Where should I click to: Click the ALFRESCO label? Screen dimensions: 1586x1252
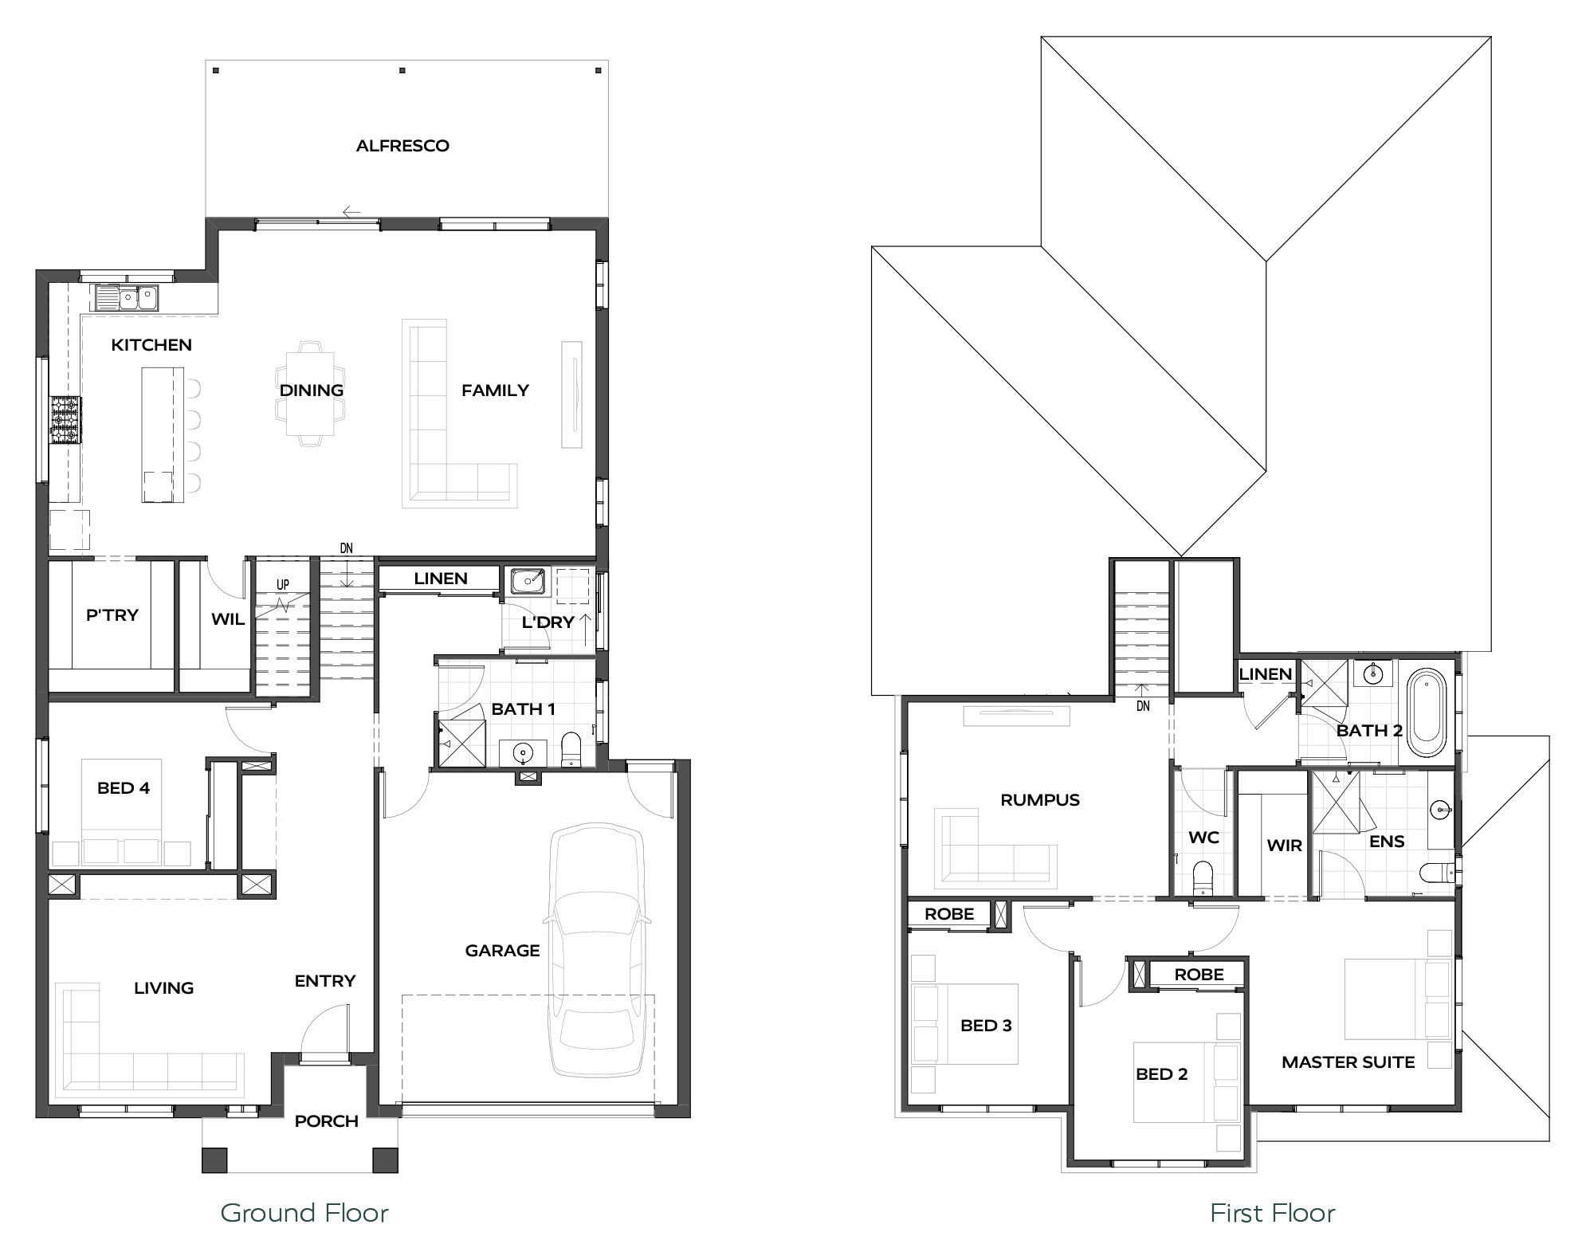402,146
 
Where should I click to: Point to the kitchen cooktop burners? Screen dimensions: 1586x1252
66,420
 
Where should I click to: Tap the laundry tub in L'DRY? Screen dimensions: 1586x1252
528,581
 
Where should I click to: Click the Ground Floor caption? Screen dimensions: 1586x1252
304,1213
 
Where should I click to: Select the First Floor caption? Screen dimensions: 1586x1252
1272,1213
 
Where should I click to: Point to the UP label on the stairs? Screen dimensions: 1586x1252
283,585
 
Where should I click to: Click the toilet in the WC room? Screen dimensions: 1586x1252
1202,877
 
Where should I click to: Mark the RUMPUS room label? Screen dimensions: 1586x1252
1040,800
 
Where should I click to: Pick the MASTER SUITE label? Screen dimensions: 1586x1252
1348,1062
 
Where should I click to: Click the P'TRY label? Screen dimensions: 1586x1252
112,615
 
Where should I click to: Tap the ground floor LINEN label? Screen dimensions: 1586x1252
441,579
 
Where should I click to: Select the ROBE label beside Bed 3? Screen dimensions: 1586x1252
949,914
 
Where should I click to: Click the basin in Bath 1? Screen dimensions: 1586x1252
523,752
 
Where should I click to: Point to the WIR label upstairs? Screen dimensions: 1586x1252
1284,846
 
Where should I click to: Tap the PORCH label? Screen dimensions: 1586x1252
326,1121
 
